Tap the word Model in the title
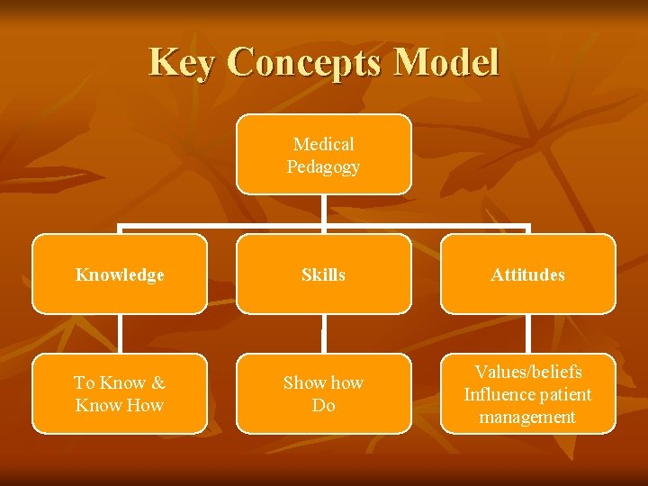[x=446, y=63]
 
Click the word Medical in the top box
[x=323, y=144]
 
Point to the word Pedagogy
[x=323, y=166]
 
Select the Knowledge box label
[x=120, y=275]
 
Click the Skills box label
[x=323, y=275]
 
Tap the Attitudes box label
[x=527, y=275]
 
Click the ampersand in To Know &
[x=158, y=382]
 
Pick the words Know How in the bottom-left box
[x=120, y=405]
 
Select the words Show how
[x=323, y=382]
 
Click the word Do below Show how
[x=323, y=406]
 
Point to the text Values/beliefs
[x=528, y=372]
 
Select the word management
[x=527, y=417]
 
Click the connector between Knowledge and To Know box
[x=120, y=334]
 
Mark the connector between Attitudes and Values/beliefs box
[x=528, y=334]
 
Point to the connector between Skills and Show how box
[x=324, y=334]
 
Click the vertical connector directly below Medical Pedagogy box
[x=324, y=209]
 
